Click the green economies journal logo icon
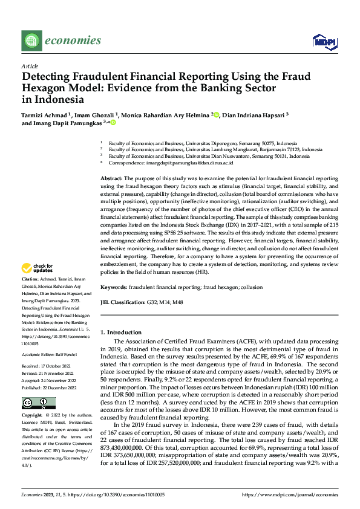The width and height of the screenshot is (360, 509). pos(31,41)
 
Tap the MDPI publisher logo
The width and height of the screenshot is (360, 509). pos(323,41)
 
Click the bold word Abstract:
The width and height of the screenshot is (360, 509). pos(111,180)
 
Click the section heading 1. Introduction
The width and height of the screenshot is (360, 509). pos(120,332)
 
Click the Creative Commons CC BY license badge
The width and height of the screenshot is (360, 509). pos(38,403)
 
